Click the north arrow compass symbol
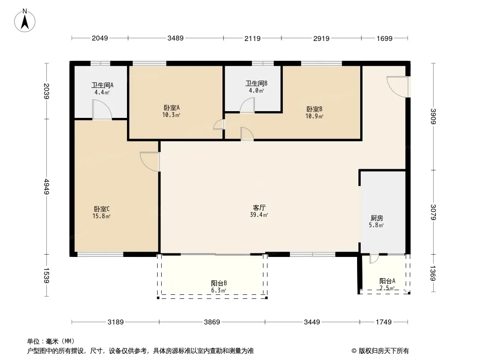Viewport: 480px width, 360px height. click(x=25, y=21)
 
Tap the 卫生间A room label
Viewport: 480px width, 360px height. click(x=102, y=85)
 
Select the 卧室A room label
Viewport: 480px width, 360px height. click(x=172, y=108)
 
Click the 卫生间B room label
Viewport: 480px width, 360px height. click(x=257, y=83)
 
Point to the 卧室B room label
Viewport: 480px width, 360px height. click(x=314, y=109)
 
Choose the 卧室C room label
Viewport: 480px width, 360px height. click(x=102, y=209)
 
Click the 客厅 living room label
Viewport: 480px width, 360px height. click(x=259, y=208)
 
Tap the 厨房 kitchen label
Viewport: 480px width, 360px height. click(x=376, y=218)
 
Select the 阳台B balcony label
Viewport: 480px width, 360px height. click(x=219, y=283)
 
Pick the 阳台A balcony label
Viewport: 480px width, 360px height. click(x=387, y=281)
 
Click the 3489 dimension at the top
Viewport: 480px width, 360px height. click(x=176, y=38)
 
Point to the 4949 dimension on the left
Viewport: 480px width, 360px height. click(x=46, y=187)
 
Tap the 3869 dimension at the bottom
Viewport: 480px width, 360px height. click(x=212, y=322)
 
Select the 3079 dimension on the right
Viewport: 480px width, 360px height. click(x=433, y=212)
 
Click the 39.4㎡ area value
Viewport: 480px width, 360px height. click(x=259, y=215)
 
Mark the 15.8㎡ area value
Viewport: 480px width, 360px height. click(x=101, y=216)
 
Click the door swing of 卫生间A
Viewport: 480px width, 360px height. click(x=102, y=110)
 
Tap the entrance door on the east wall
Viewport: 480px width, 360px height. click(x=397, y=87)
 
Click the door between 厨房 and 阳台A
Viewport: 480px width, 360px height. click(x=374, y=258)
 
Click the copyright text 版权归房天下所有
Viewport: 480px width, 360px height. click(x=384, y=351)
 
